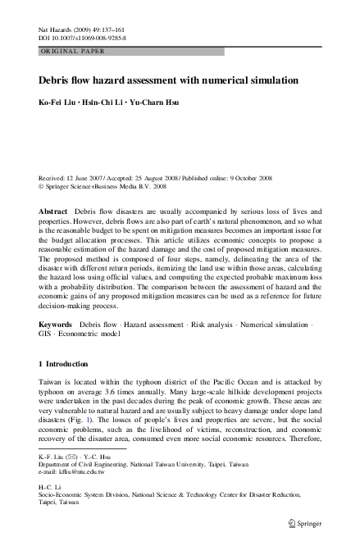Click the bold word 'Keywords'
[55, 325]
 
